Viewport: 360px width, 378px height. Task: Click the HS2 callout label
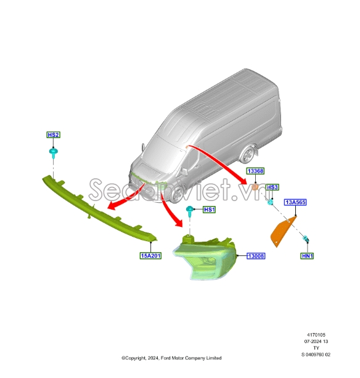pyautogui.click(x=53, y=135)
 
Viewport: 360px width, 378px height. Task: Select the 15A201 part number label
pyautogui.click(x=150, y=255)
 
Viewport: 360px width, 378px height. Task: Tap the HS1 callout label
pyautogui.click(x=209, y=210)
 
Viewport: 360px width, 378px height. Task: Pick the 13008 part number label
pyautogui.click(x=256, y=256)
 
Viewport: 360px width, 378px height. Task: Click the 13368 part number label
pyautogui.click(x=255, y=171)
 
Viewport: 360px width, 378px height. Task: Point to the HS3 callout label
pyautogui.click(x=272, y=187)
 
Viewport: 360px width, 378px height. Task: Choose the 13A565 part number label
pyautogui.click(x=295, y=202)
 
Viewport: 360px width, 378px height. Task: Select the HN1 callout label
pyautogui.click(x=308, y=256)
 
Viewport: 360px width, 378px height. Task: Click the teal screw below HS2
pyautogui.click(x=53, y=153)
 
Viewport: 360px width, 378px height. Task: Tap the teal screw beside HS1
pyautogui.click(x=190, y=211)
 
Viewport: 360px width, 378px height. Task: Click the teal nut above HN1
pyautogui.click(x=306, y=239)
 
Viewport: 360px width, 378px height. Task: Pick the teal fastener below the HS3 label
pyautogui.click(x=271, y=202)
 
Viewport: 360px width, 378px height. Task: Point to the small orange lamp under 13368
pyautogui.click(x=255, y=187)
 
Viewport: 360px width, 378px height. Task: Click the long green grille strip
pyautogui.click(x=99, y=208)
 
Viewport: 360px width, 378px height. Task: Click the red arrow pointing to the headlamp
pyautogui.click(x=169, y=210)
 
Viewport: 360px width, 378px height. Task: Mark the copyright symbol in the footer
pyautogui.click(x=123, y=358)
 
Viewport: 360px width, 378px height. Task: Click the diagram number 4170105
pyautogui.click(x=316, y=335)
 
